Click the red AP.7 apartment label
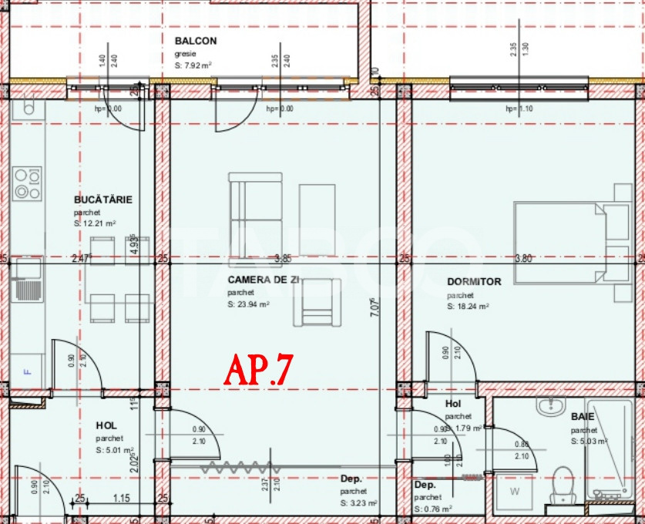point(258,371)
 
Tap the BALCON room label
point(196,41)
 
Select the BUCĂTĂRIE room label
point(103,200)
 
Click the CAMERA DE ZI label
point(263,281)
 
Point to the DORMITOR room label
point(474,282)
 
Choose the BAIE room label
point(583,416)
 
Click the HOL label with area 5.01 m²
point(106,425)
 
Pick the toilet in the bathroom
point(563,484)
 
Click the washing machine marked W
point(514,491)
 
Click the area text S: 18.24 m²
point(467,306)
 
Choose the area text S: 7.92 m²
point(193,65)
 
